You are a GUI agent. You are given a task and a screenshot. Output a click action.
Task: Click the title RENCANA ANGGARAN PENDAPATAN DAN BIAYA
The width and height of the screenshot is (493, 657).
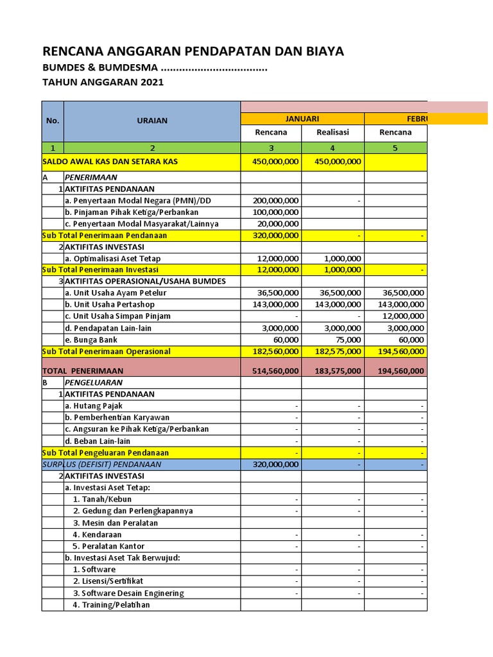click(193, 51)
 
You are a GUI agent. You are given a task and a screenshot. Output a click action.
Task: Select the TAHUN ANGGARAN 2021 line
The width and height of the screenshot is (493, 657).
click(103, 82)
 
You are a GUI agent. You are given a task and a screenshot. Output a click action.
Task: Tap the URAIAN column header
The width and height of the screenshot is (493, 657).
click(152, 120)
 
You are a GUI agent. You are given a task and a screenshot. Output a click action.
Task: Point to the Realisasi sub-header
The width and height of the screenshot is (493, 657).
click(333, 133)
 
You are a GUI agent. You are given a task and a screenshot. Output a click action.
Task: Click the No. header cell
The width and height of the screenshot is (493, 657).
click(53, 120)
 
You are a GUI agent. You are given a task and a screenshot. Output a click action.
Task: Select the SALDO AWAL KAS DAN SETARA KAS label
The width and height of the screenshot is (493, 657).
click(110, 162)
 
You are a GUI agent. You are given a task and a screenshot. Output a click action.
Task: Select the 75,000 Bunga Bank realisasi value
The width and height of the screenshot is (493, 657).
click(347, 339)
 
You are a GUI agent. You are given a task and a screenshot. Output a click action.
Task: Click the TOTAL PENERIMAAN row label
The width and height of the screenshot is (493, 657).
click(83, 371)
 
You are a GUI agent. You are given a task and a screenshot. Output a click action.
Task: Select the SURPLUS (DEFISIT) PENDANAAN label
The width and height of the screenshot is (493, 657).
click(101, 464)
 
